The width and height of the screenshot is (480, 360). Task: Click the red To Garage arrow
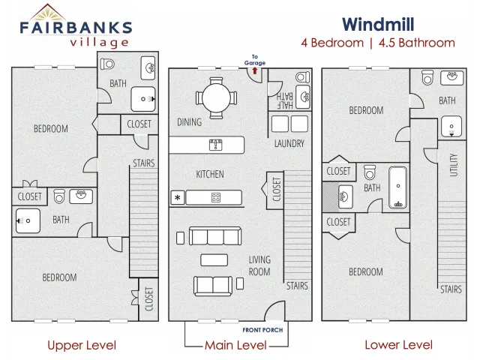pos(255,71)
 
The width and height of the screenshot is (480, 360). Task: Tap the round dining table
pos(216,98)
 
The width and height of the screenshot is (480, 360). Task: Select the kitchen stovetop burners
pos(216,198)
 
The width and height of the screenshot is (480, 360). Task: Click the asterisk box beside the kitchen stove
pos(178,198)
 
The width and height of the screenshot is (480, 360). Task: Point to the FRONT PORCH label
pos(262,330)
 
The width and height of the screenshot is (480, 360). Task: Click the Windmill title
pos(378,24)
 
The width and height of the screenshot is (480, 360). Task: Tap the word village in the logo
pos(99,43)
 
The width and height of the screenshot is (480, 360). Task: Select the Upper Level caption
pos(82,345)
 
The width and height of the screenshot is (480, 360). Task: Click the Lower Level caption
pos(398,345)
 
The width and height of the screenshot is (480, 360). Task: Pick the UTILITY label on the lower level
pos(454,165)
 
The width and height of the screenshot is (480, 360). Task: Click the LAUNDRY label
pos(289,143)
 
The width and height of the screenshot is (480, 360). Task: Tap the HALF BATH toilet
pos(303,76)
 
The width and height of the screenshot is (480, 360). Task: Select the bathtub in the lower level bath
pos(398,187)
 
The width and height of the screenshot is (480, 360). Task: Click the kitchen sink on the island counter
pos(216,145)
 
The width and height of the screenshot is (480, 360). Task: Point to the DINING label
pos(189,122)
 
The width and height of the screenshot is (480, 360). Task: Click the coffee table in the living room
pos(214,260)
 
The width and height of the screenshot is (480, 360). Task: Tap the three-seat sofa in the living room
pos(215,235)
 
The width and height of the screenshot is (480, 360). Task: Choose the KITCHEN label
pos(210,174)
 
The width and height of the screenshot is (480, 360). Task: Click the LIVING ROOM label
pos(259,265)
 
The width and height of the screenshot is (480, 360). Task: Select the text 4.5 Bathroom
pos(417,43)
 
